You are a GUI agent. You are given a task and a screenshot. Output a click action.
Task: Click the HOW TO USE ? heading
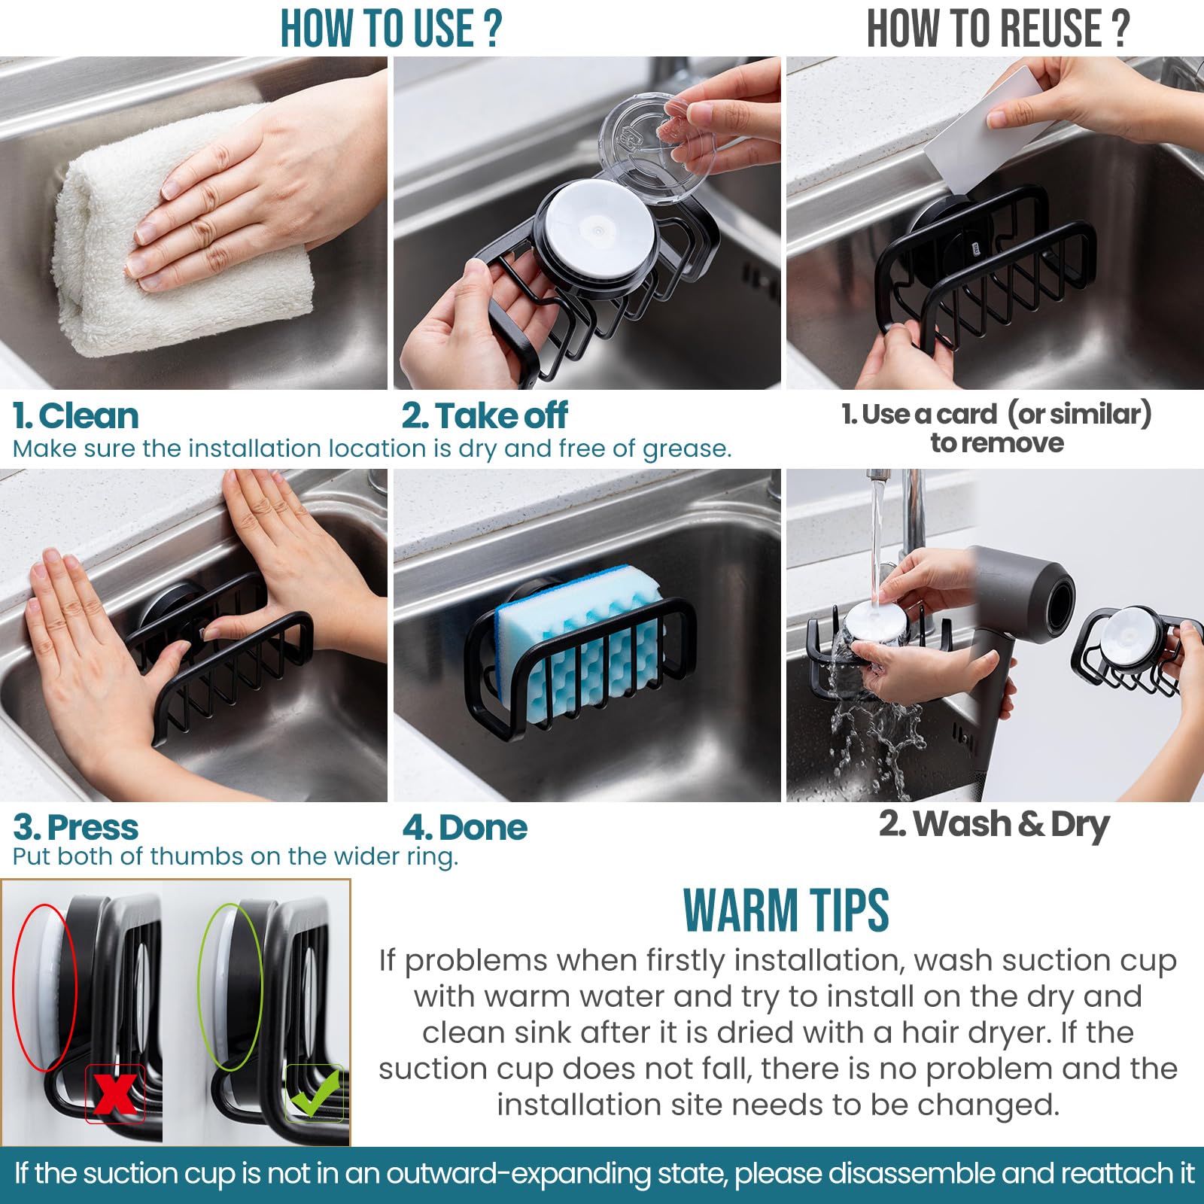391,29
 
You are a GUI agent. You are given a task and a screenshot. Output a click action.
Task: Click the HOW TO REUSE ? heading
998,29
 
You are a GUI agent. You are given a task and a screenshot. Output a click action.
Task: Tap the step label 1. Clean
76,416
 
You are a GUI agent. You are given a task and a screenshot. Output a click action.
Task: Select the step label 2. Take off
485,416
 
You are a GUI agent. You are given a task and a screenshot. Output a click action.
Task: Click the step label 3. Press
76,828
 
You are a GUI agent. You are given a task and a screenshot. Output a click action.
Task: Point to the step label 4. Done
465,828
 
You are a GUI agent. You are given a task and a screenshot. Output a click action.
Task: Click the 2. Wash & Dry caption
994,825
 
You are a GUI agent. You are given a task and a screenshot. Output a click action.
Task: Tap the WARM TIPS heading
786,911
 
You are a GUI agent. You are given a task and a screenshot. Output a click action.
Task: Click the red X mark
115,1093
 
